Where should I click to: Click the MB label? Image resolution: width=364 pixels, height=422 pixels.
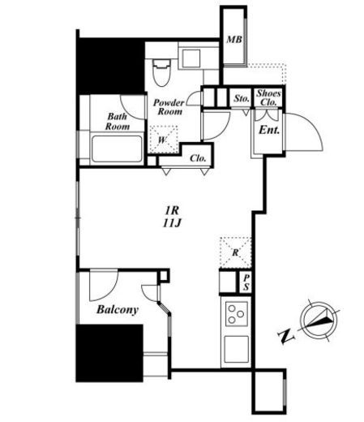234,40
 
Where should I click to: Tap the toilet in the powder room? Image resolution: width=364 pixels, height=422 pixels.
161,73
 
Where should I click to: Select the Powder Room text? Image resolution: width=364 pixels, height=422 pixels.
169,107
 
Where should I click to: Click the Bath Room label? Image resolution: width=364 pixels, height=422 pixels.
118,122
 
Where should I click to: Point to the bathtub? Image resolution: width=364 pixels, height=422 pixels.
117,149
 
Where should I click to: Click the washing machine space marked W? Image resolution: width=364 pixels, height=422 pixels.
164,140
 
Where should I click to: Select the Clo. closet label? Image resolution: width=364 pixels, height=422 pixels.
198,158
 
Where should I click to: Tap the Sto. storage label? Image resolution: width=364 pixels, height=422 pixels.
242,98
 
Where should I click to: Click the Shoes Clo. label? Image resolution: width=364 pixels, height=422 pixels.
268,97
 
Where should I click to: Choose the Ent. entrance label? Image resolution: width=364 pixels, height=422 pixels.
269,130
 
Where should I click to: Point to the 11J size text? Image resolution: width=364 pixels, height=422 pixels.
172,223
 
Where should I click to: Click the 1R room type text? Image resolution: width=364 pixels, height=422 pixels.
172,209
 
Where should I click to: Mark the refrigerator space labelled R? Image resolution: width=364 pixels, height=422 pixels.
236,252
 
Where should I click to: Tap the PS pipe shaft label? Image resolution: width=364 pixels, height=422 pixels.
246,282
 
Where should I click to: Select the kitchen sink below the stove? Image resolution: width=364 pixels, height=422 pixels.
237,349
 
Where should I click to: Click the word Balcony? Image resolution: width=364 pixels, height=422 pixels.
118,310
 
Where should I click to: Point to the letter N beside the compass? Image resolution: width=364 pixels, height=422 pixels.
286,337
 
